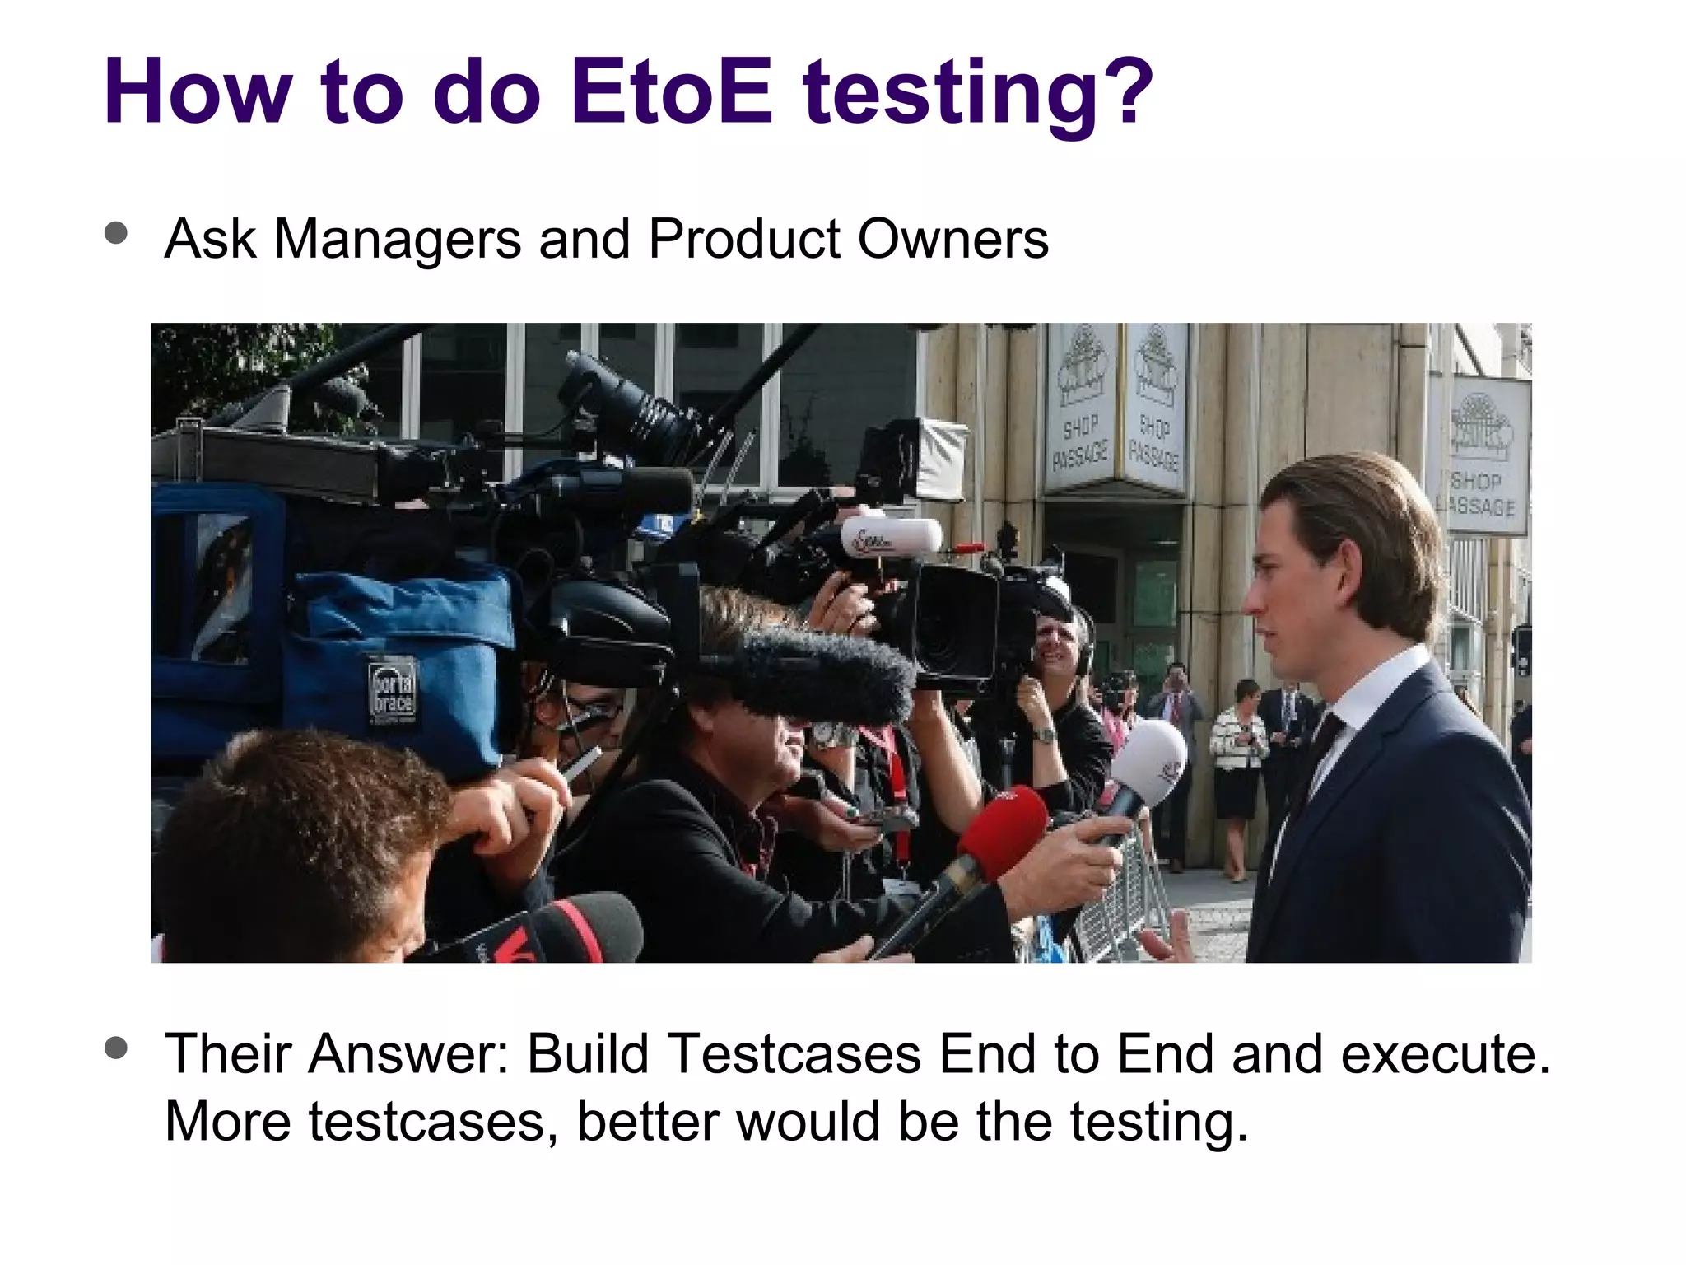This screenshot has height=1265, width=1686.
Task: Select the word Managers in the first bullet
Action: pyautogui.click(x=398, y=240)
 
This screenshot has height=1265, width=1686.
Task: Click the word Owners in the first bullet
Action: pyautogui.click(x=953, y=240)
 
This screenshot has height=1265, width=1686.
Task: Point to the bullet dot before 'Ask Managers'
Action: pyautogui.click(x=117, y=233)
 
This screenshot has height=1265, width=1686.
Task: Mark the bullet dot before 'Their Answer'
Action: pyautogui.click(x=117, y=1048)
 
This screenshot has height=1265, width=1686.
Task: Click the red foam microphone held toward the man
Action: pyautogui.click(x=1003, y=832)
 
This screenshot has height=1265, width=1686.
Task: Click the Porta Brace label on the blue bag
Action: pyautogui.click(x=392, y=689)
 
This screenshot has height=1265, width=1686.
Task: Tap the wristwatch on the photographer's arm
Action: pyautogui.click(x=1044, y=734)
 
